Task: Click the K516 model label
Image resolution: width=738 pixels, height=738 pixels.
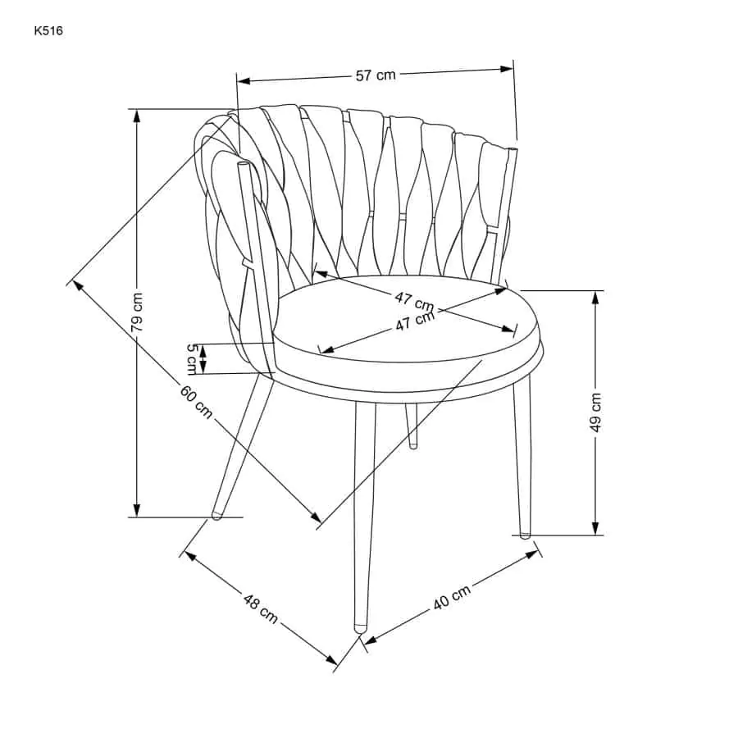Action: tap(48, 31)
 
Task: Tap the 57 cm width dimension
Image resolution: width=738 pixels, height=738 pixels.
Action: tap(376, 75)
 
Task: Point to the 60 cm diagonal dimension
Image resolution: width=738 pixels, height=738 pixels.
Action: tap(196, 402)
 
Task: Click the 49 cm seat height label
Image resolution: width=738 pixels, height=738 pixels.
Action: tap(595, 412)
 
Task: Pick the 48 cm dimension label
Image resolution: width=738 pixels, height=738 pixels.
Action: tap(260, 608)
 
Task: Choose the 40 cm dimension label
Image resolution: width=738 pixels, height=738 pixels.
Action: tap(452, 597)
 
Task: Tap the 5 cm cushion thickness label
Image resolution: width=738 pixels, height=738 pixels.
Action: tap(192, 359)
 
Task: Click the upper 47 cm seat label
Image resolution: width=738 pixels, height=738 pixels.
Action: tap(414, 301)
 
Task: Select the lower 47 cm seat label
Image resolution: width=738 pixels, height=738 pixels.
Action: tap(415, 321)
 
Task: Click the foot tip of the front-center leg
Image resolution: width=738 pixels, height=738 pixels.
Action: tap(361, 628)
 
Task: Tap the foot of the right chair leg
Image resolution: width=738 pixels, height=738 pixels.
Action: tap(524, 535)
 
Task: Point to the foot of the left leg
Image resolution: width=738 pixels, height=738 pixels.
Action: tap(216, 515)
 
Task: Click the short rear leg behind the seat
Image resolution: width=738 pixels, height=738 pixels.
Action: tap(412, 425)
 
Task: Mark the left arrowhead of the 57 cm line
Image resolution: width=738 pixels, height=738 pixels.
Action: tap(244, 81)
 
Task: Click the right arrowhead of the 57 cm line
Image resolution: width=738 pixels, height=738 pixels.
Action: tap(507, 69)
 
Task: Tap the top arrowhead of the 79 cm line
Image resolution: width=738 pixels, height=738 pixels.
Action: tap(136, 116)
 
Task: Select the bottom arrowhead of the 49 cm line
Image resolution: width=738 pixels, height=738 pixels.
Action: tap(595, 529)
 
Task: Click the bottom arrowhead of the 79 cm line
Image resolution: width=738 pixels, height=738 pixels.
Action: tap(136, 510)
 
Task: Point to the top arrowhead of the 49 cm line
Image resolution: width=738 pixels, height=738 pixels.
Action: tap(595, 298)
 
